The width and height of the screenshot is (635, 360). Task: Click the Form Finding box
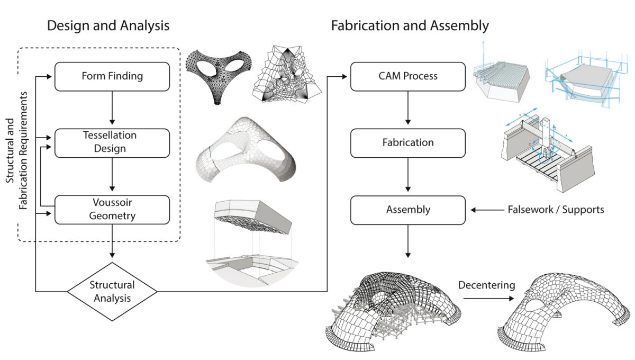[112, 76]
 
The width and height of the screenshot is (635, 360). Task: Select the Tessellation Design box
[112, 142]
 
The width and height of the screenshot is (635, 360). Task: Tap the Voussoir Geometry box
[112, 209]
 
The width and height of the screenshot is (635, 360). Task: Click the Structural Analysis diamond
[112, 291]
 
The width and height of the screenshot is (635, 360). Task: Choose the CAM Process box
[407, 76]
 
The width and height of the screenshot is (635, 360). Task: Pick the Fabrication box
[407, 142]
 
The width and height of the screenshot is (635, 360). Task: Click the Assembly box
[407, 210]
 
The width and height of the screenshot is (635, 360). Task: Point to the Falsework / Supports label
[555, 210]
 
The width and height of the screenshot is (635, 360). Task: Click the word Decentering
[486, 285]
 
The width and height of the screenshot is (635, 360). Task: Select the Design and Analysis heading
[108, 25]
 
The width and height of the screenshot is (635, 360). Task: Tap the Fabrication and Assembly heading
[410, 25]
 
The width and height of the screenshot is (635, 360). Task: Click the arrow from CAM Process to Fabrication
[407, 110]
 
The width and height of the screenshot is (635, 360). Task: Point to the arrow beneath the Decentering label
[487, 299]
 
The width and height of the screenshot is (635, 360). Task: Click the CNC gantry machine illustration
[545, 151]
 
